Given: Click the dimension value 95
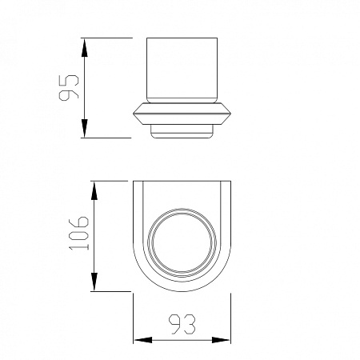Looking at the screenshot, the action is coord(69,87).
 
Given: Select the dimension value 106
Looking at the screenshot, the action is coord(78,234).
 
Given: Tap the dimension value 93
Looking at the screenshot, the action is coord(182,324).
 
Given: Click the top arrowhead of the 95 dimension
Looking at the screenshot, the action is coord(85,48).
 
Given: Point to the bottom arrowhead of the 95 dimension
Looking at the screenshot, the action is coord(85,128).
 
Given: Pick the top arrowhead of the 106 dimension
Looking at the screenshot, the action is coord(94,191).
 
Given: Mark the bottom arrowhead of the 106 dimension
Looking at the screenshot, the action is coord(94,282).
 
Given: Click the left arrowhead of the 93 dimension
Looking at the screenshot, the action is coord(143,340).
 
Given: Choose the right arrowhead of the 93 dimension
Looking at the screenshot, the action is coord(221,340).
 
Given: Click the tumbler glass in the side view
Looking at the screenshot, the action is coord(182,70).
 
